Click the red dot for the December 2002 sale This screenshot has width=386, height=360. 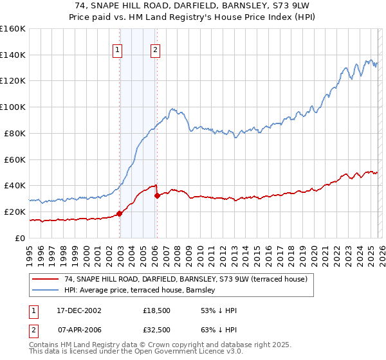tap(119, 213)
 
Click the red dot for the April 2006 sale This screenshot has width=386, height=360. tap(157, 195)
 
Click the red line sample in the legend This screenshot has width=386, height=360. tap(45, 279)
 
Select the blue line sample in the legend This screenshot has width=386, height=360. tap(45, 291)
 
